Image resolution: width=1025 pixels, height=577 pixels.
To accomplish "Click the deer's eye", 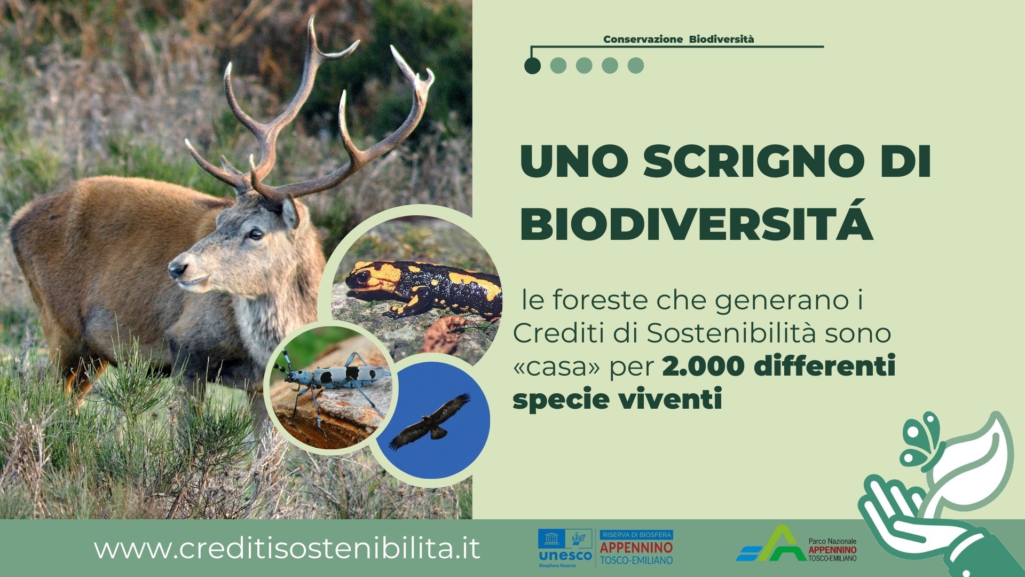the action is [256, 233].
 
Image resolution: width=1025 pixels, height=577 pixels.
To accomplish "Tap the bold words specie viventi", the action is [618, 400].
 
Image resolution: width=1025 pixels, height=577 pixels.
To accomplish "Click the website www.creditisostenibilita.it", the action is [287, 549].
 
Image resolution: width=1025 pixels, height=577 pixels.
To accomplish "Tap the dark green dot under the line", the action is [532, 66].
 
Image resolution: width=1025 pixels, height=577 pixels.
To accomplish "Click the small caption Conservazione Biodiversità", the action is [679, 39].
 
